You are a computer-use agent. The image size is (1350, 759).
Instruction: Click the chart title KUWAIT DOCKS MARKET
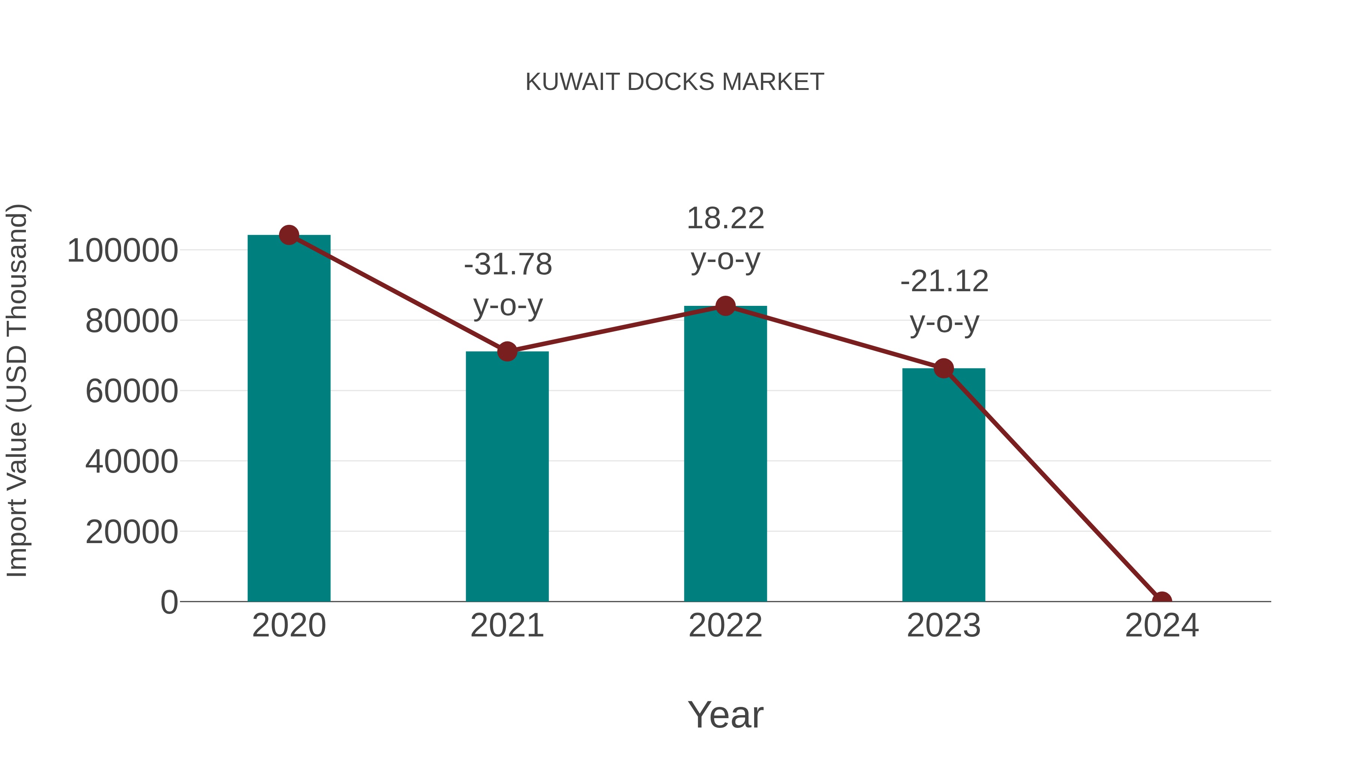(x=675, y=82)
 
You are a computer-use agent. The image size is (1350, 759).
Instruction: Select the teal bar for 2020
(x=289, y=419)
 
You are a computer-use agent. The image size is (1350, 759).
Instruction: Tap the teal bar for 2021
(x=507, y=477)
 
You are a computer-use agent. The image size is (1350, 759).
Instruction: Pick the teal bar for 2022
(x=725, y=454)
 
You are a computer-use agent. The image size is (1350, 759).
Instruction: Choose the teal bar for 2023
(x=943, y=485)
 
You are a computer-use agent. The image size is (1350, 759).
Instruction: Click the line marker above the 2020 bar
(x=289, y=235)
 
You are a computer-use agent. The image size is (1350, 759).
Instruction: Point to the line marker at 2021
(x=507, y=352)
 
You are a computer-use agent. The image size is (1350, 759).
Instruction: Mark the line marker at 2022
(x=725, y=306)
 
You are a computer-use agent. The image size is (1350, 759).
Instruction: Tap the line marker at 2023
(x=943, y=369)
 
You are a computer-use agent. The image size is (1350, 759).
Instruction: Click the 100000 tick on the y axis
(x=123, y=251)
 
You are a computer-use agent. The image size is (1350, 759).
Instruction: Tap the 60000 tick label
(x=132, y=391)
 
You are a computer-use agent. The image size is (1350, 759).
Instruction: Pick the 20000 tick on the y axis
(x=132, y=532)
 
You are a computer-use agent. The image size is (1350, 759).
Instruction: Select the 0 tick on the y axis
(x=169, y=602)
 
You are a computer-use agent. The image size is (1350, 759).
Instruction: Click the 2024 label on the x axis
(x=1161, y=626)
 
